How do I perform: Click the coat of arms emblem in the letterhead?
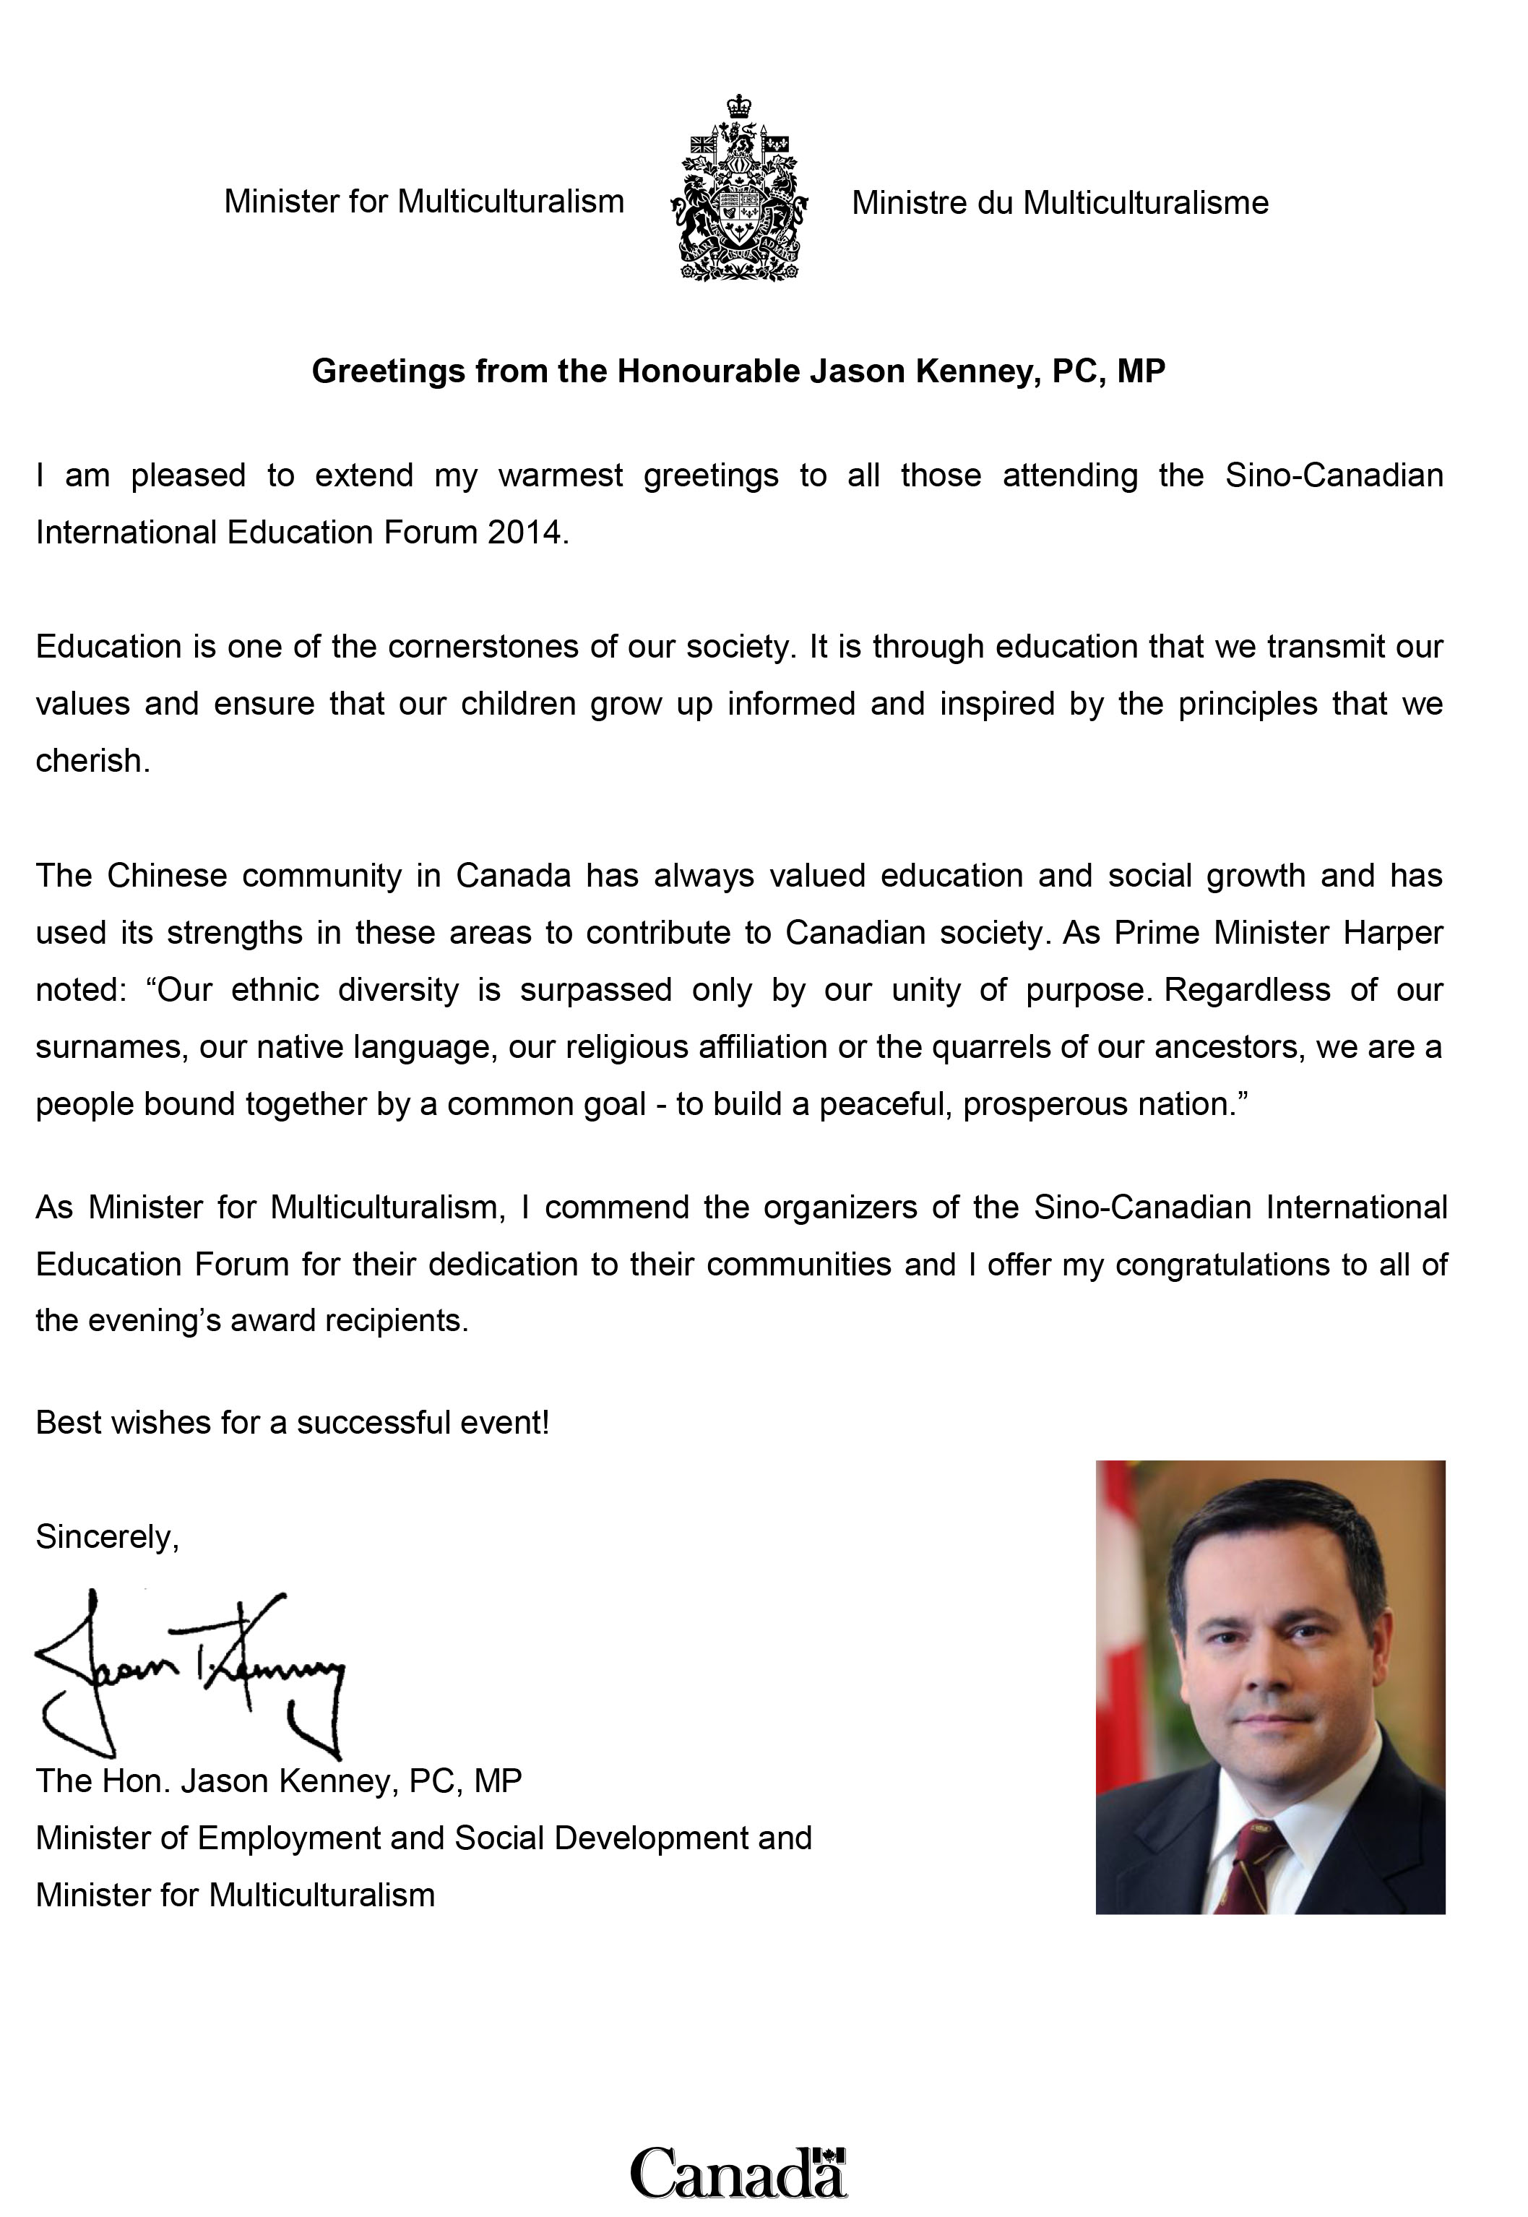739,191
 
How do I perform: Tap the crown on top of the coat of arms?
738,106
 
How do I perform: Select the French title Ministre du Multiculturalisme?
1060,203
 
